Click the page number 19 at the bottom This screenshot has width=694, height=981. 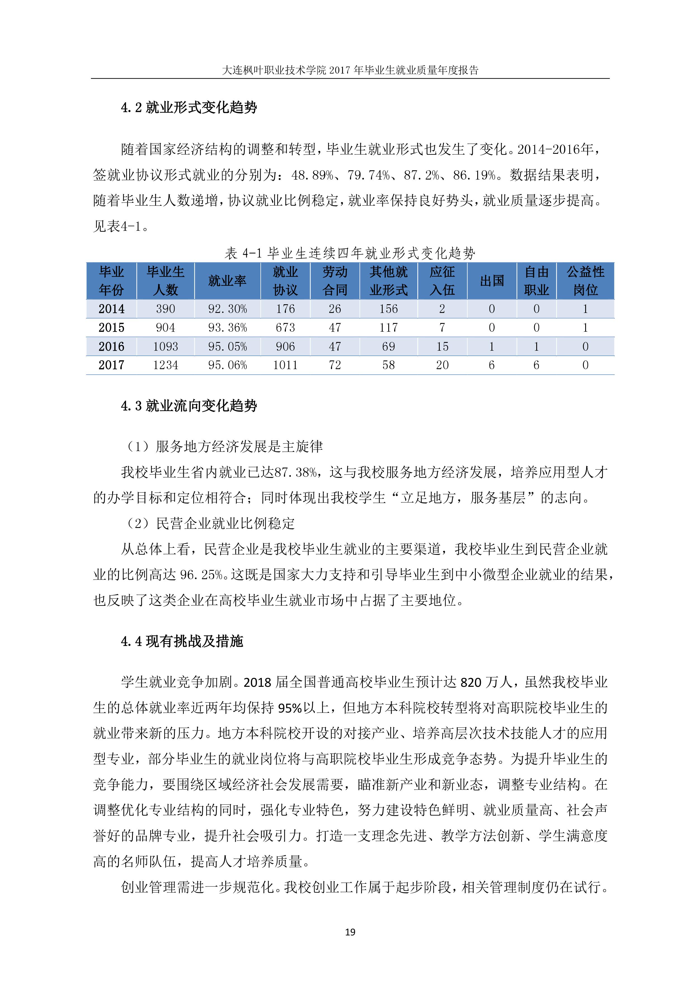coord(350,932)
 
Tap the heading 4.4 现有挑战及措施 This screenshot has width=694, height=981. coord(182,641)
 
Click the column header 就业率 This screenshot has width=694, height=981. coord(227,281)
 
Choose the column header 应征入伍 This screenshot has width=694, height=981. coord(442,281)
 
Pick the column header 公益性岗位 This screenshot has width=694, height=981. coord(585,281)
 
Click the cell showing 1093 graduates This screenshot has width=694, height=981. coord(165,346)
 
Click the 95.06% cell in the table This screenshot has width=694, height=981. coord(227,365)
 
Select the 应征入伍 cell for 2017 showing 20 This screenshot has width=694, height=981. coord(442,365)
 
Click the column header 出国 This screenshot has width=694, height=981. coord(492,281)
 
